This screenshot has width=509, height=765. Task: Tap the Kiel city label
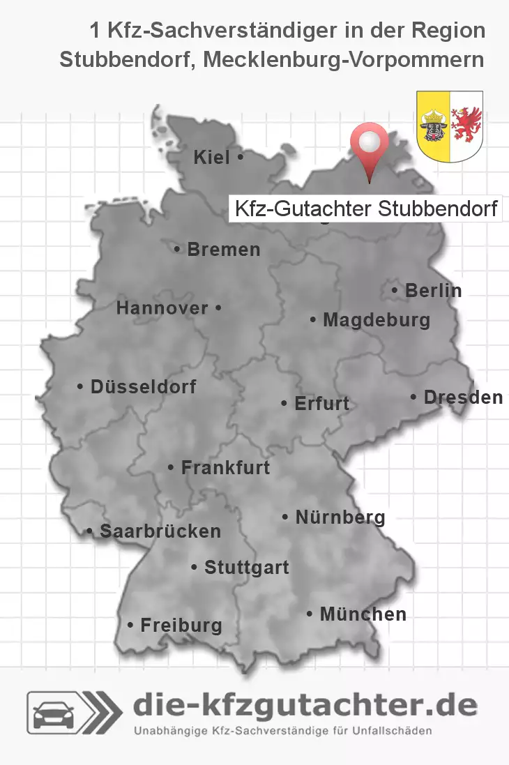point(212,158)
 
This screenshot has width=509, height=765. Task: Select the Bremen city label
point(223,250)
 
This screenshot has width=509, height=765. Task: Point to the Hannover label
point(162,308)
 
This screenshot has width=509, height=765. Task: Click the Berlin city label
point(433,290)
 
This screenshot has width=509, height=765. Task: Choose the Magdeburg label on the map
point(376,320)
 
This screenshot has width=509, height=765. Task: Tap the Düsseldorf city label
point(143,386)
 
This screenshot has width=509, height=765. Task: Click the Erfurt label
point(321,404)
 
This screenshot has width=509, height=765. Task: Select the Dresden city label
point(462,397)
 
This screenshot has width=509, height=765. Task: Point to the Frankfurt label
point(225,467)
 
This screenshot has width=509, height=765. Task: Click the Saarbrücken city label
point(160,531)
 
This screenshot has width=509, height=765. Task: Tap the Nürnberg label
point(340,517)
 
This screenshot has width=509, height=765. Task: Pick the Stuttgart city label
point(246,568)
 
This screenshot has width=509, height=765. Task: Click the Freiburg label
point(181,626)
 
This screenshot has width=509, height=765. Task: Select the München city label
point(363,614)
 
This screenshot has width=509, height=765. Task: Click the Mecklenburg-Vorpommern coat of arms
point(450,126)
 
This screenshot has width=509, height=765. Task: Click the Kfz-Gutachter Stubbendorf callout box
point(365,209)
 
